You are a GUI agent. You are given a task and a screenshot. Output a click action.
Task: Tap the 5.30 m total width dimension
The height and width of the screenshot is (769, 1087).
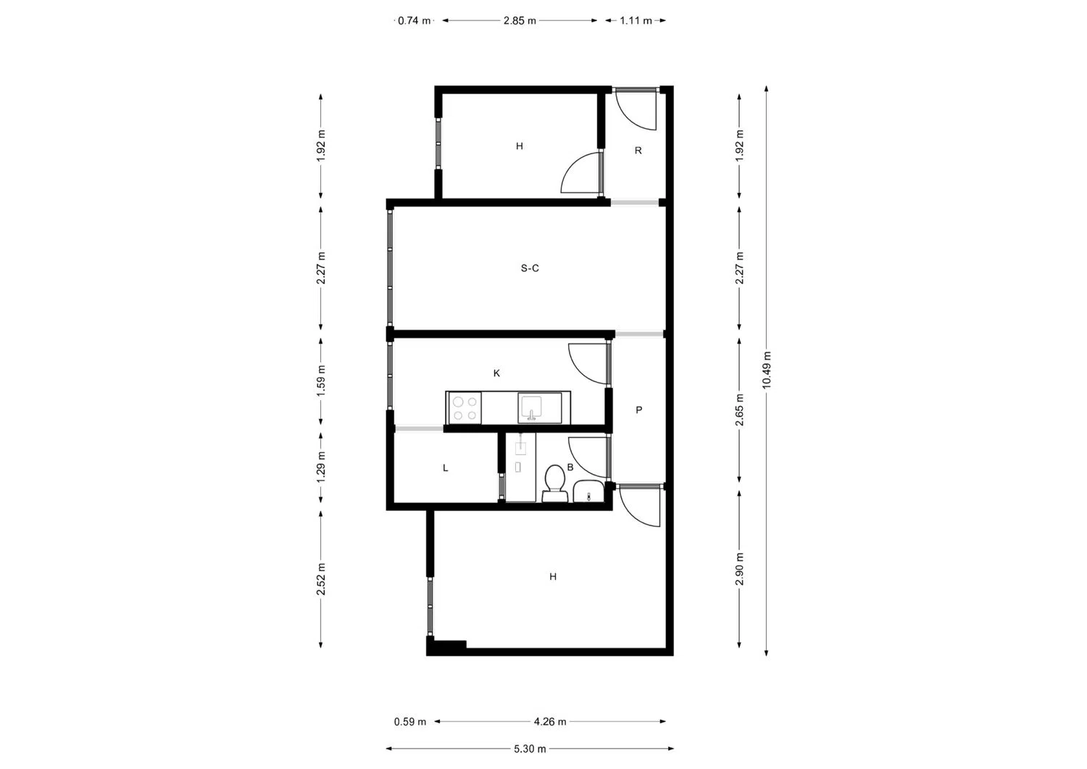pyautogui.click(x=530, y=749)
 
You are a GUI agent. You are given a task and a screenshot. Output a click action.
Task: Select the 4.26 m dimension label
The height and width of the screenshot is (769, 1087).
pyautogui.click(x=550, y=722)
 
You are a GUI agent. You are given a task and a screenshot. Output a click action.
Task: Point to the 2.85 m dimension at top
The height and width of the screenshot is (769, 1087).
pyautogui.click(x=520, y=21)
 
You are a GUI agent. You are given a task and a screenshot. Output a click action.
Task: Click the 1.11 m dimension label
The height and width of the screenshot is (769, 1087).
pyautogui.click(x=636, y=21)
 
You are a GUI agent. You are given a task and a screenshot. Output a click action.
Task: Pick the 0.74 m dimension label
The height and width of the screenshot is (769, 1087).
pyautogui.click(x=414, y=21)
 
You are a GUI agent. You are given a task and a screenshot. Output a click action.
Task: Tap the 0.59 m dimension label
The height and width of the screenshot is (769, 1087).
pyautogui.click(x=410, y=722)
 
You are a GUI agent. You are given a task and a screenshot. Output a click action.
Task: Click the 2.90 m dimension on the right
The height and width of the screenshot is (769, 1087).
pyautogui.click(x=740, y=568)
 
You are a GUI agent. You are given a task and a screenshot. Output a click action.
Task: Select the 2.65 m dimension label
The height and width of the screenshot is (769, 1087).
pyautogui.click(x=740, y=410)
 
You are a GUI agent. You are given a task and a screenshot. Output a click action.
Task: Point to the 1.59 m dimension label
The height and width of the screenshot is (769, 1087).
pyautogui.click(x=321, y=381)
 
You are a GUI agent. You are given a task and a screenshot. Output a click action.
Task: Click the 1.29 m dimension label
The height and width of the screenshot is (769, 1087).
pyautogui.click(x=321, y=467)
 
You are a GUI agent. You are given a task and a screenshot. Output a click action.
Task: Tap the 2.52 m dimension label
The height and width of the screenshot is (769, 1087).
pyautogui.click(x=321, y=579)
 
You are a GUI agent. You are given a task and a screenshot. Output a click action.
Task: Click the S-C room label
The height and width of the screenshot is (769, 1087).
pyautogui.click(x=530, y=268)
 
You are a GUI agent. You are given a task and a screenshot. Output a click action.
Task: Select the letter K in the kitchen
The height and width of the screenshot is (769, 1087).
pyautogui.click(x=496, y=373)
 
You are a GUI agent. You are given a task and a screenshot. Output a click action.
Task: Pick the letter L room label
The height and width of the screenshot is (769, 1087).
pyautogui.click(x=446, y=468)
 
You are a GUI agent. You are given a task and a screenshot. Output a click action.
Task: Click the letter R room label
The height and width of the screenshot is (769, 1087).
pyautogui.click(x=638, y=151)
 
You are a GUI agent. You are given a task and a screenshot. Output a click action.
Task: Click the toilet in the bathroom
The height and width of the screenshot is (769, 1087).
pyautogui.click(x=554, y=483)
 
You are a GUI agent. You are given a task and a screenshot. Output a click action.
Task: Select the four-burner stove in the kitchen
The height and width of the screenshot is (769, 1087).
pyautogui.click(x=464, y=408)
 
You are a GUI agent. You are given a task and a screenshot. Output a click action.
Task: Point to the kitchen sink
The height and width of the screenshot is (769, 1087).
pyautogui.click(x=539, y=408)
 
